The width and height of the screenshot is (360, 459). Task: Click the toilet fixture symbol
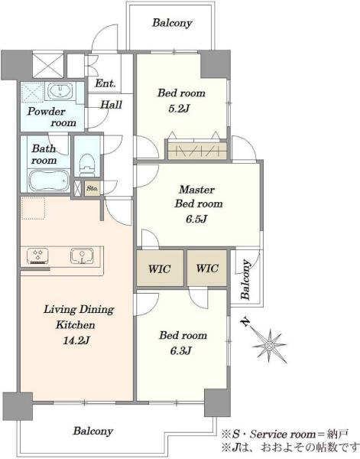(x=87, y=164)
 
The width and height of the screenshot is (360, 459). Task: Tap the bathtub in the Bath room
(x=49, y=181)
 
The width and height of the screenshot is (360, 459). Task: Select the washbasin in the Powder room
(x=60, y=90)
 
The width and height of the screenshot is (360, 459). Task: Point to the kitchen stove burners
(x=38, y=256)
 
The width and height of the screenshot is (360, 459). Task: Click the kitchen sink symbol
(x=82, y=256)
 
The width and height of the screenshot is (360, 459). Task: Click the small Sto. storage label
(x=92, y=188)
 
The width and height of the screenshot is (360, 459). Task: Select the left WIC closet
(x=160, y=268)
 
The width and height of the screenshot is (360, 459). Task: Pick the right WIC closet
(x=207, y=268)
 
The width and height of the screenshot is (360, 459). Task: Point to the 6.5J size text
(x=197, y=219)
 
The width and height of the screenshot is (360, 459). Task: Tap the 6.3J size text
(x=180, y=350)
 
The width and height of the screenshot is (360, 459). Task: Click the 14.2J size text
(x=76, y=340)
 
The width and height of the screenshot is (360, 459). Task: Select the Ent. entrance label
(x=105, y=83)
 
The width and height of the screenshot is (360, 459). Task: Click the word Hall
(x=111, y=105)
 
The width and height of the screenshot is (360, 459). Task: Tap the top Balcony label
(x=172, y=23)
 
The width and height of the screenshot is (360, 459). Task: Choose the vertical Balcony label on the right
(x=245, y=279)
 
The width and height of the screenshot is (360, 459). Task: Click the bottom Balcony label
(x=93, y=431)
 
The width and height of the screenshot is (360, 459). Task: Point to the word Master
(x=197, y=190)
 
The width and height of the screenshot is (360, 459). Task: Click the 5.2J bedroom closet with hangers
(x=197, y=151)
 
